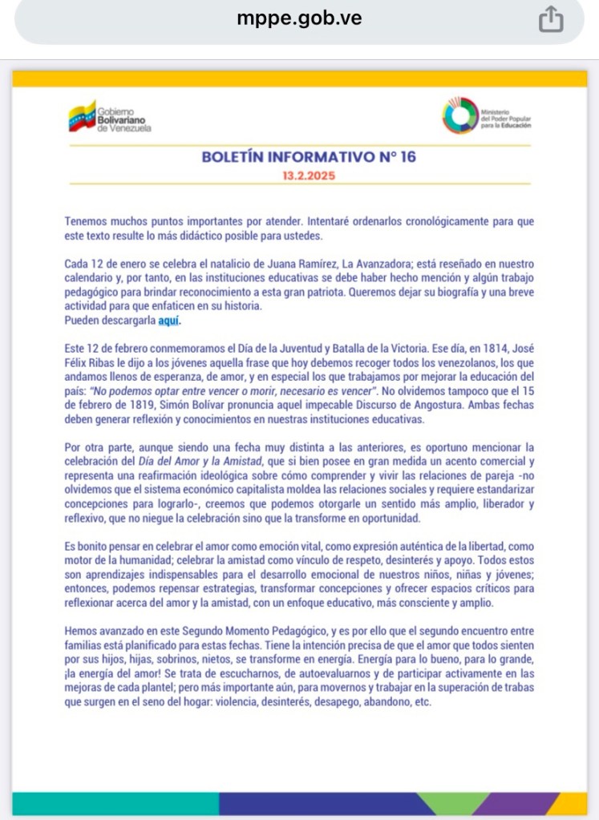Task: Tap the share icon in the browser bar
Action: [x=551, y=20]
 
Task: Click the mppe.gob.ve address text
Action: [x=298, y=18]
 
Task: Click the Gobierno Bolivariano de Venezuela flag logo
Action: [x=82, y=116]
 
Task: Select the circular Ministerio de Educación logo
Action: [x=459, y=115]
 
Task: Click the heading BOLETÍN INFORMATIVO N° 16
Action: [x=309, y=156]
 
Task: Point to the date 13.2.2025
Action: [x=309, y=175]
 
